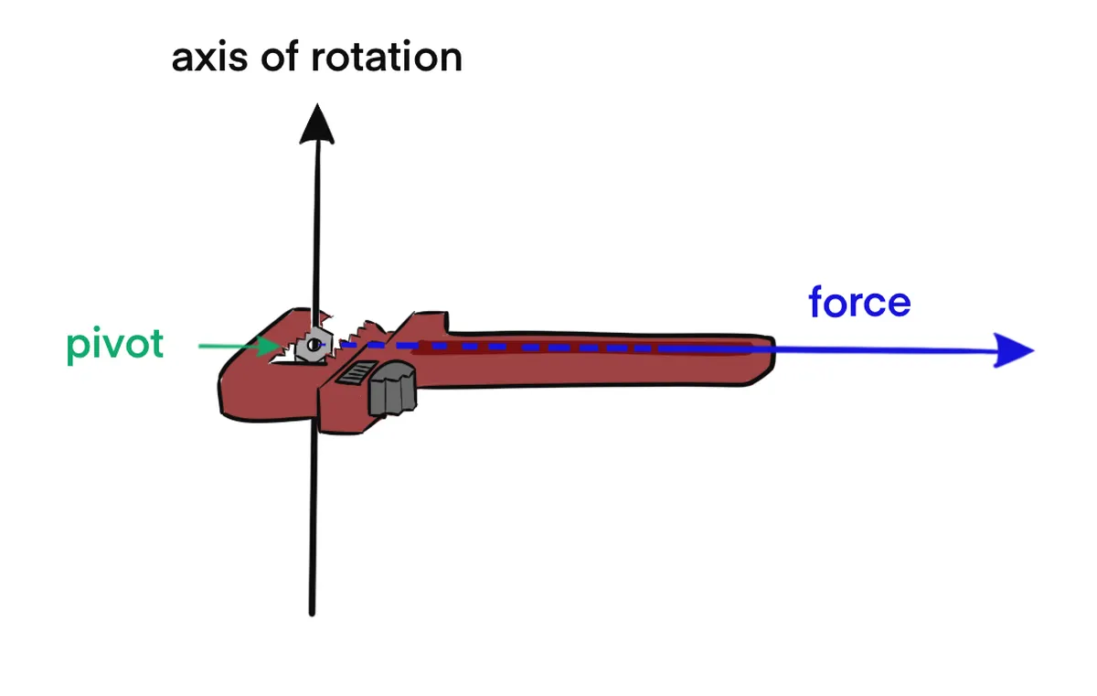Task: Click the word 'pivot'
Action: click(115, 345)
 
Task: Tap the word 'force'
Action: click(859, 302)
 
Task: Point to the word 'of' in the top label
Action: click(272, 58)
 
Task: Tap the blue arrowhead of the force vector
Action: click(1013, 350)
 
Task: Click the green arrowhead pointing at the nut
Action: click(272, 346)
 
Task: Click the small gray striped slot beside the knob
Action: click(354, 375)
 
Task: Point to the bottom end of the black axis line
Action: click(312, 611)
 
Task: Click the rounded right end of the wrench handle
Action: click(766, 362)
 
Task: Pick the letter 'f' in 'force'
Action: click(816, 302)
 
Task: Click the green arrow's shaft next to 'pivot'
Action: click(229, 346)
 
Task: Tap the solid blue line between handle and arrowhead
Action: click(878, 350)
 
